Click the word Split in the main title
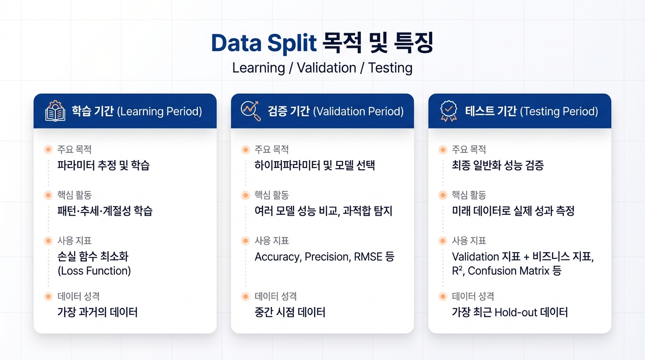(292, 43)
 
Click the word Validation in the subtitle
(327, 68)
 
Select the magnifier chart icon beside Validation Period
(251, 111)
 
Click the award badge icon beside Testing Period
(448, 111)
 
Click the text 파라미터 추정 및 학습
(104, 165)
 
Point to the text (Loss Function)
(94, 271)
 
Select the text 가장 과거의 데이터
(97, 312)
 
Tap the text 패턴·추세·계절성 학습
(105, 211)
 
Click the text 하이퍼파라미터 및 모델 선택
(315, 165)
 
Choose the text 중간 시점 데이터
(290, 312)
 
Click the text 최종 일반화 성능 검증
(498, 165)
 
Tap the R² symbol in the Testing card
(457, 270)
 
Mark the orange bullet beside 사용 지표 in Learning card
(48, 241)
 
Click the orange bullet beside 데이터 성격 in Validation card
(245, 296)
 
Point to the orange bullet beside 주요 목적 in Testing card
(442, 150)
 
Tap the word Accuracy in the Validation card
(278, 257)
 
